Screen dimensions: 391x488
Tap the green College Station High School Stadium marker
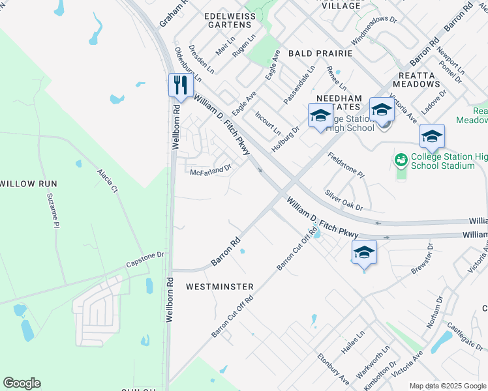click(401, 158)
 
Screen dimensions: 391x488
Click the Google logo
click(22, 383)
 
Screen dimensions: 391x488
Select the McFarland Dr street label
click(211, 171)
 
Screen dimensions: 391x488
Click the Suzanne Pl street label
click(52, 210)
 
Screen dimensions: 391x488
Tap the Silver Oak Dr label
click(344, 201)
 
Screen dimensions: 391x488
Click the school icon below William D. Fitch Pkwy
click(364, 253)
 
